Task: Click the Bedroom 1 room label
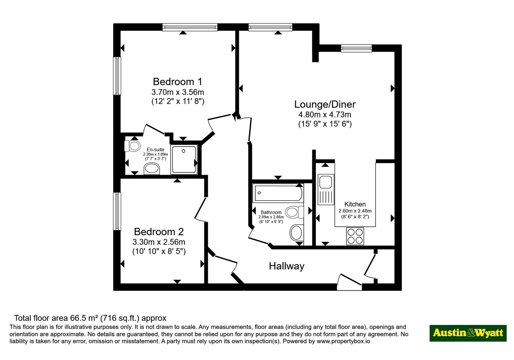point(178,82)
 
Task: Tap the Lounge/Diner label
point(325,104)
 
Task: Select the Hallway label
point(287,266)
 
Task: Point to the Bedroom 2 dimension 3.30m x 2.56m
point(159,242)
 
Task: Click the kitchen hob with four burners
point(355,236)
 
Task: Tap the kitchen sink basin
point(325,182)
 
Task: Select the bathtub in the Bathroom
point(278,193)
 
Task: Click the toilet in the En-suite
point(132,146)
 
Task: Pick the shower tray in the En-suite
point(184,159)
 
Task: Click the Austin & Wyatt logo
point(468,333)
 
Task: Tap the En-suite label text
point(155,150)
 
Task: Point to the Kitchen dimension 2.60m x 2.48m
point(355,211)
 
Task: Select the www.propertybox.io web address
point(343,341)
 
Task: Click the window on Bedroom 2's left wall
point(117,211)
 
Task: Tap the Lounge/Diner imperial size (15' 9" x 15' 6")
point(325,124)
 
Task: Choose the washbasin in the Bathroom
point(297,232)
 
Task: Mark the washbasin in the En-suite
point(152,169)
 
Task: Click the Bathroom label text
point(271,212)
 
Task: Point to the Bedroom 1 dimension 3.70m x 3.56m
point(178,92)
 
